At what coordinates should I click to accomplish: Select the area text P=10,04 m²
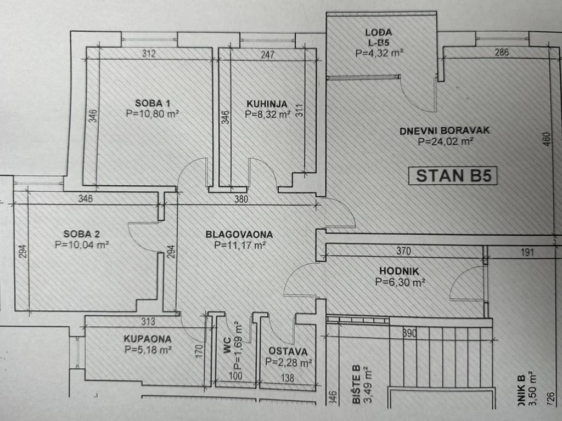[82, 245]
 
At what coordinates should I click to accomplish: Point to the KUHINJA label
[267, 103]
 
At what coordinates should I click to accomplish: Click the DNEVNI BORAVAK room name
[445, 130]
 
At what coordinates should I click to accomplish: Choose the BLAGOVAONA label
[239, 235]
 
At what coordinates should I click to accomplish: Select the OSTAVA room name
[288, 351]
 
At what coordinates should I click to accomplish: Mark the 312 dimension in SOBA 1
[149, 54]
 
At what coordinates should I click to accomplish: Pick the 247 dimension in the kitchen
[268, 54]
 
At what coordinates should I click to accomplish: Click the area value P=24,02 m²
[445, 141]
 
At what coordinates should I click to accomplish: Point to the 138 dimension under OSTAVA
[288, 378]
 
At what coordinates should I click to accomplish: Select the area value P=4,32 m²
[380, 53]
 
